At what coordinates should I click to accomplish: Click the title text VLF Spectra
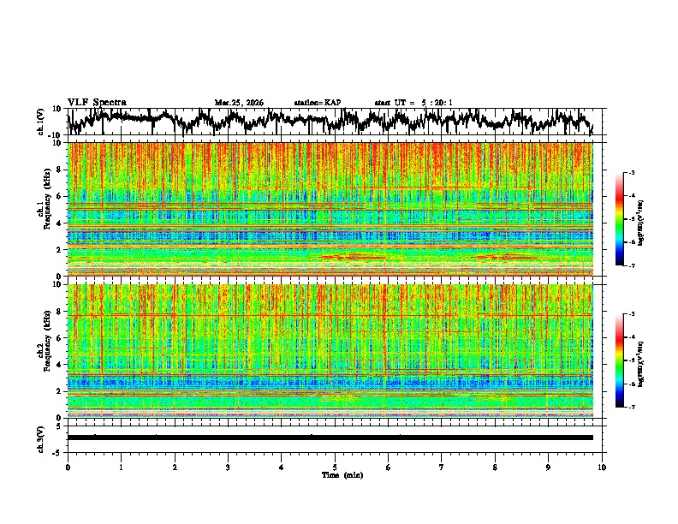(x=97, y=103)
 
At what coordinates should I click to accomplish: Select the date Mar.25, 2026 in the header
(x=239, y=103)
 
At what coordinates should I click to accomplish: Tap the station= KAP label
(x=318, y=103)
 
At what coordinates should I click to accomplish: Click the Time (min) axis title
(x=340, y=474)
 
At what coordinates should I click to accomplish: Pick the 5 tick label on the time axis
(x=335, y=467)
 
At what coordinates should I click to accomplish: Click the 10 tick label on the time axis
(x=603, y=467)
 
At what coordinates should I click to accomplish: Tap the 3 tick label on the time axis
(x=228, y=467)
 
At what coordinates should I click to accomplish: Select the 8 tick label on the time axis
(x=496, y=467)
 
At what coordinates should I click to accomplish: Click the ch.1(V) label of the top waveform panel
(x=41, y=122)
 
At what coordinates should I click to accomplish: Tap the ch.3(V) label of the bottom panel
(x=41, y=437)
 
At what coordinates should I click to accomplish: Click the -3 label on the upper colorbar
(x=631, y=173)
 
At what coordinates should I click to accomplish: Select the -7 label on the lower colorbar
(x=631, y=408)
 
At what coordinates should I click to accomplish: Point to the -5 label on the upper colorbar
(x=631, y=219)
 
